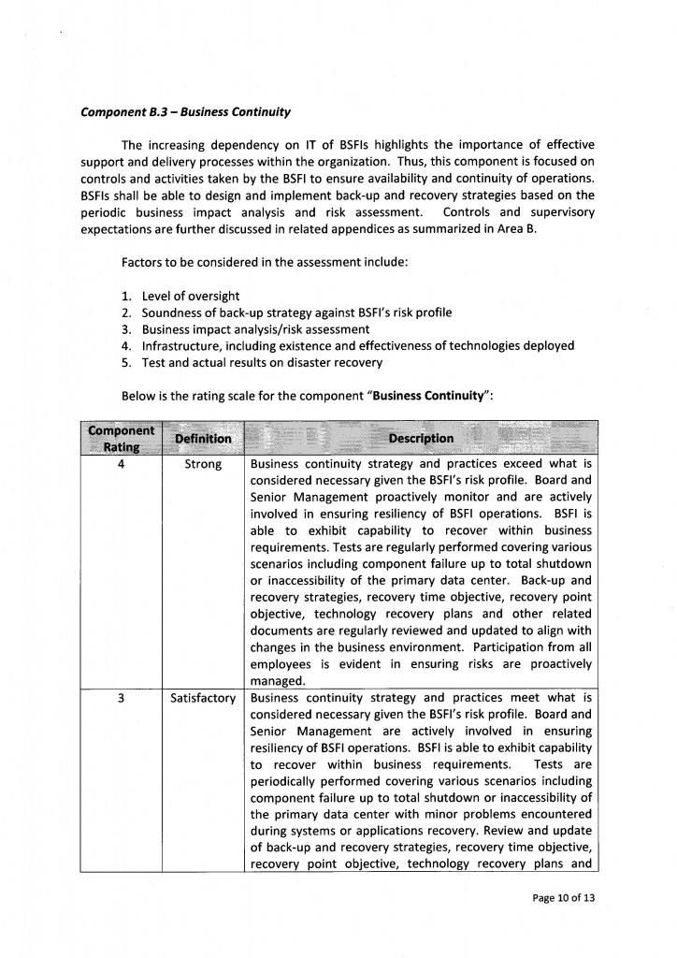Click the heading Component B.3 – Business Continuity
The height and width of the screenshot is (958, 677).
[x=185, y=112]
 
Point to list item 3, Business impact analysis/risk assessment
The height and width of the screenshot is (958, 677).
[x=255, y=329]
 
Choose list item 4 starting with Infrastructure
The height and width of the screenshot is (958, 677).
[x=357, y=345]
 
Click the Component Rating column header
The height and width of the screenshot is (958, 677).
[x=121, y=438]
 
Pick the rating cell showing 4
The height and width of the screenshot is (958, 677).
[x=122, y=464]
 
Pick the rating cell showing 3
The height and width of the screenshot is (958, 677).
[x=122, y=698]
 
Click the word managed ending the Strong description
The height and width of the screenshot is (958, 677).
[x=278, y=681]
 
